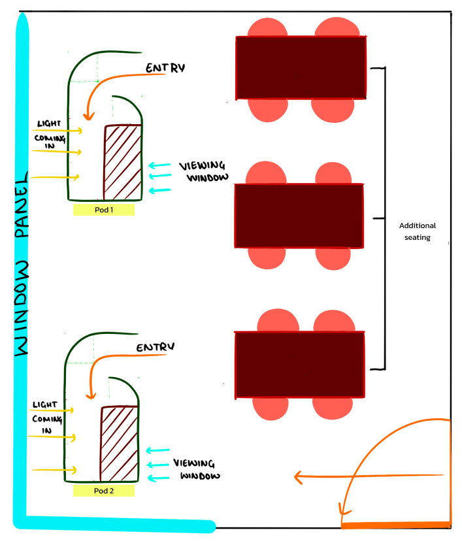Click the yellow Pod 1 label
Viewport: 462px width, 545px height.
tap(103, 210)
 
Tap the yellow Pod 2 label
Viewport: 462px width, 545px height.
tap(104, 491)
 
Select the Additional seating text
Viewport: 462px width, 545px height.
tap(417, 231)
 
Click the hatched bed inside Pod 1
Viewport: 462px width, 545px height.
tap(123, 161)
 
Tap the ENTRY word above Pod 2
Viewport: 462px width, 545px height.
tap(157, 348)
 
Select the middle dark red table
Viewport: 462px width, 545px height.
tap(299, 216)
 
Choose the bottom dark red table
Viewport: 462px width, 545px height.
tap(299, 365)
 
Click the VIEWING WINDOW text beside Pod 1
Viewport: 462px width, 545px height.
tap(205, 172)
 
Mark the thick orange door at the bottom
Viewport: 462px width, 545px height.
tap(395, 525)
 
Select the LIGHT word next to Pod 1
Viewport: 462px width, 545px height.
tap(49, 124)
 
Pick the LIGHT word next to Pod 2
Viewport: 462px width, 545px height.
tap(44, 405)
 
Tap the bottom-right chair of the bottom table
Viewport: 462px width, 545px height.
tap(335, 408)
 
